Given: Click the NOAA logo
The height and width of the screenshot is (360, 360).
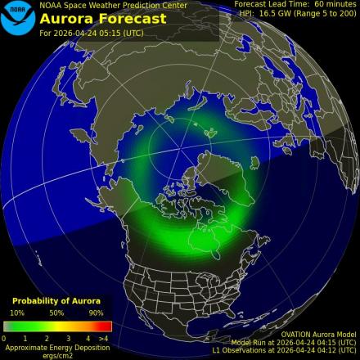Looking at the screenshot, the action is (x=17, y=18).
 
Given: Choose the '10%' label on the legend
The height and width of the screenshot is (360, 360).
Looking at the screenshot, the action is (x=16, y=313).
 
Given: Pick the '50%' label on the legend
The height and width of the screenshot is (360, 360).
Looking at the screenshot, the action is (x=56, y=313).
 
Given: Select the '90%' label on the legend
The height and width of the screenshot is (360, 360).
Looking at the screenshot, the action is (x=96, y=313).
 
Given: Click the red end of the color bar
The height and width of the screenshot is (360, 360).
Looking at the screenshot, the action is (x=106, y=326).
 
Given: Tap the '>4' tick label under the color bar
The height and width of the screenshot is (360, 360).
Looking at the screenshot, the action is (x=103, y=337).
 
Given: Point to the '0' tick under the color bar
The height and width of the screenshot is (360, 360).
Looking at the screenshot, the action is (x=4, y=337).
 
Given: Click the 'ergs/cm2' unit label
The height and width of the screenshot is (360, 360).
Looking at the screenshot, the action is (x=56, y=354).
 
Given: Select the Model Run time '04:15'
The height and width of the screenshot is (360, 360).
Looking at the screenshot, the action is (x=321, y=343).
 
